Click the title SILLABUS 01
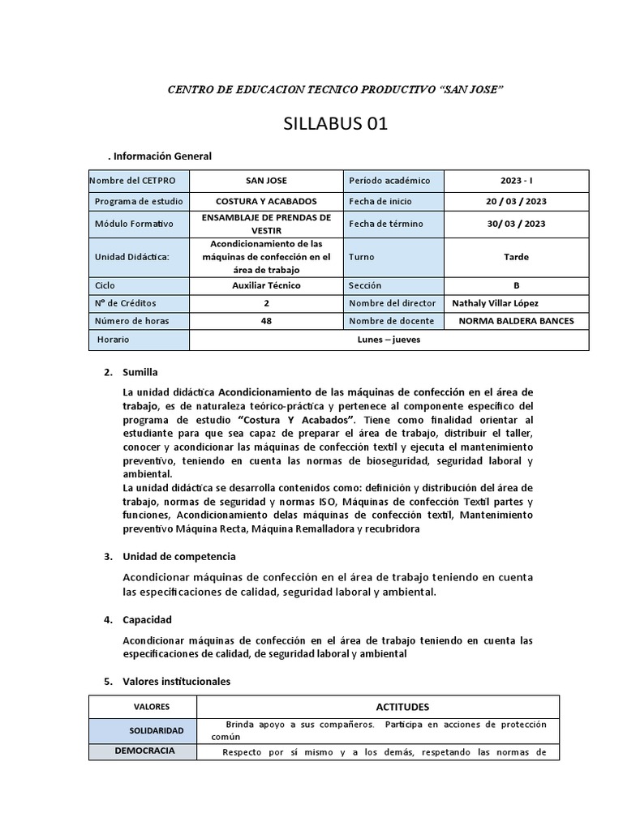click(x=336, y=124)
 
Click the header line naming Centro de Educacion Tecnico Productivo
click(x=336, y=88)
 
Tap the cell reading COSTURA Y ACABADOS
click(x=266, y=201)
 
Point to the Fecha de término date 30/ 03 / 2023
click(x=515, y=224)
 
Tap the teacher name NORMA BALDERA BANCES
click(x=516, y=321)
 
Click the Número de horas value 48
click(x=266, y=321)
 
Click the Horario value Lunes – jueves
click(x=389, y=340)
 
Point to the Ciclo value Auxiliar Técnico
click(x=266, y=285)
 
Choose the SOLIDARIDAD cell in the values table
click(x=156, y=730)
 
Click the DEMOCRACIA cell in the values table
click(x=144, y=751)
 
